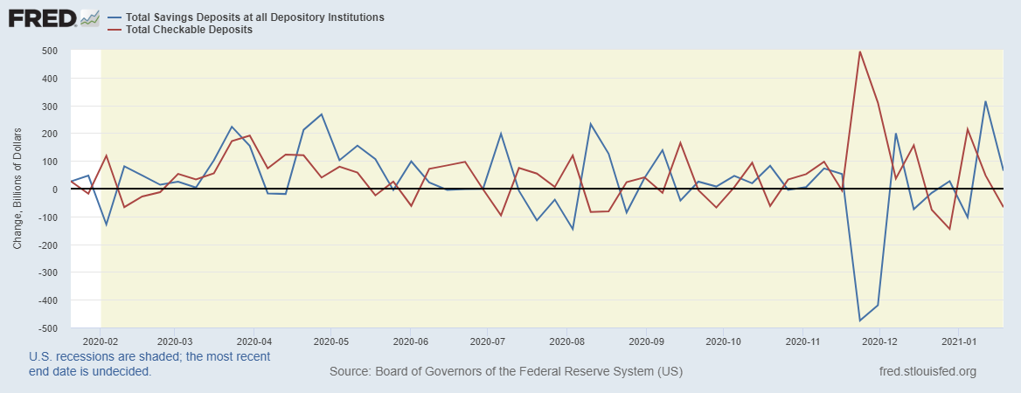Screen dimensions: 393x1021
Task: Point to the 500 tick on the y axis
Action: (x=50, y=51)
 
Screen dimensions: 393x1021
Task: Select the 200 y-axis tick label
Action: (x=50, y=134)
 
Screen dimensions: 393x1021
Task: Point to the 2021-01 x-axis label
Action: (x=959, y=341)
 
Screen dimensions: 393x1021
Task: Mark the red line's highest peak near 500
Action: (x=860, y=52)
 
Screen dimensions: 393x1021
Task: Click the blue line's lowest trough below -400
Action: (x=860, y=321)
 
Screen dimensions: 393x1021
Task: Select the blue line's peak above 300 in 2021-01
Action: (x=985, y=101)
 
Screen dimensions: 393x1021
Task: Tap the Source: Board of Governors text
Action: (x=506, y=372)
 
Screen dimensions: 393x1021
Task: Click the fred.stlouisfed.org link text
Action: (x=926, y=372)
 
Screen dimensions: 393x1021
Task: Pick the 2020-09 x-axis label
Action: (x=645, y=341)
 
